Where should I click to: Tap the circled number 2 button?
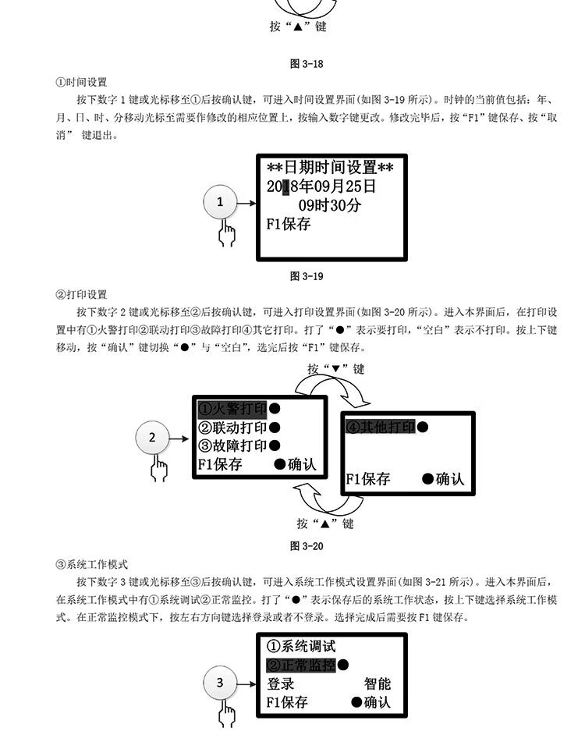(x=153, y=438)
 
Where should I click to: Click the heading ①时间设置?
(x=82, y=82)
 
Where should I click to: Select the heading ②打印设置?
(x=82, y=294)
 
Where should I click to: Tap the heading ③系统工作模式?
(x=92, y=564)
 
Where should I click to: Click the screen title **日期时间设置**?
(x=330, y=168)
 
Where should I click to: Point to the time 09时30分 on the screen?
(x=330, y=205)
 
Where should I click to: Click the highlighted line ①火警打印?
(x=232, y=409)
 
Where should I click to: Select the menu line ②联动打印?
(x=232, y=428)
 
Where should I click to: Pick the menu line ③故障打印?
(x=232, y=446)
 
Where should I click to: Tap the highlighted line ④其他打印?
(x=380, y=427)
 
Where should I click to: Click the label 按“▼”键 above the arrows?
(x=335, y=369)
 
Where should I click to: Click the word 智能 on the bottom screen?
(x=378, y=684)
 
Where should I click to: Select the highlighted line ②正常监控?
(x=301, y=666)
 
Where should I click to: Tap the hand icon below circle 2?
(x=159, y=469)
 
